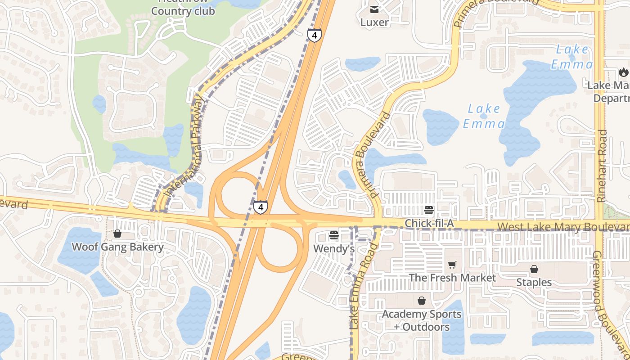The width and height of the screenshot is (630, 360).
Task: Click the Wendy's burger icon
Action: [333, 235]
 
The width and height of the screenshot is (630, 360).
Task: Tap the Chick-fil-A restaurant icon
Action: [428, 210]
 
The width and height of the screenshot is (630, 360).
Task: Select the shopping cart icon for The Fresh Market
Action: [452, 265]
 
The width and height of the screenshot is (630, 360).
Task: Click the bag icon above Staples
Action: [534, 269]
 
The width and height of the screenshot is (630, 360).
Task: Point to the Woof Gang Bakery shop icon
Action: [117, 234]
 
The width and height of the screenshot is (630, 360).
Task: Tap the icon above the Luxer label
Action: [374, 9]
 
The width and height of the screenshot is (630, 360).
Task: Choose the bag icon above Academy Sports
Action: [422, 300]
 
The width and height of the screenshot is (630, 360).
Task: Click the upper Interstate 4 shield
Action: [315, 35]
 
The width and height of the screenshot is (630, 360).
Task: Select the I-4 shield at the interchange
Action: [260, 207]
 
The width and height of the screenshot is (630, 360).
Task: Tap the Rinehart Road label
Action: [602, 166]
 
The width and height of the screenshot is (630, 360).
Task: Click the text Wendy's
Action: [334, 248]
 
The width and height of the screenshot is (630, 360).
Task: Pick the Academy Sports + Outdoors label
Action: [422, 320]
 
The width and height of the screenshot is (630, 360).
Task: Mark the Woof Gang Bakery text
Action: [118, 247]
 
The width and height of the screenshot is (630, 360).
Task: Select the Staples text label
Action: [534, 283]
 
